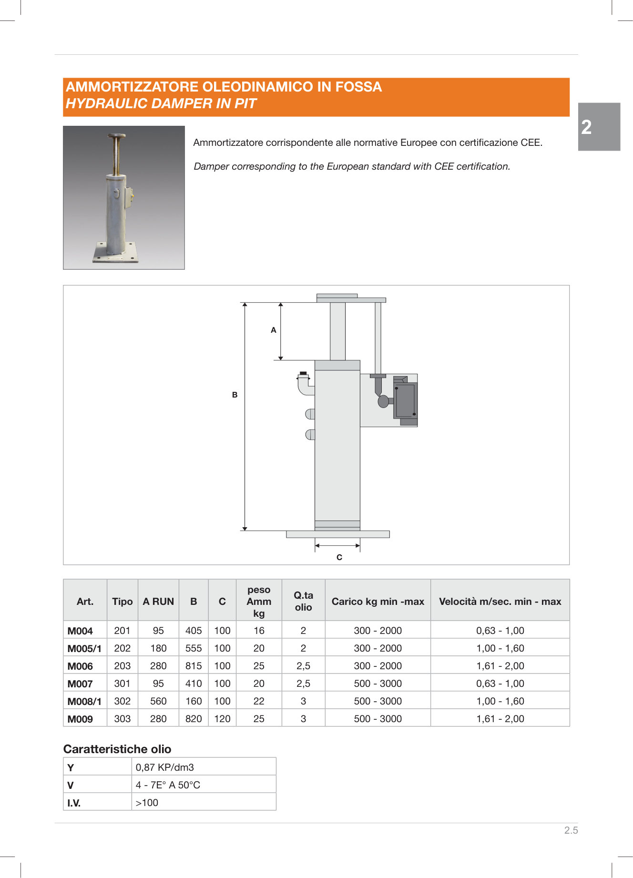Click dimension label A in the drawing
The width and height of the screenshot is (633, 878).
click(274, 330)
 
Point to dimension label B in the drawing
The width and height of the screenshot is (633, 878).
click(235, 395)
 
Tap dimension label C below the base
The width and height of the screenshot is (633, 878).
click(339, 557)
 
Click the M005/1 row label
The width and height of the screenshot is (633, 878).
click(84, 649)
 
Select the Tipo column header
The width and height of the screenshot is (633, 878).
click(123, 602)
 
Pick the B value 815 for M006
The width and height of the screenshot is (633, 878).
click(194, 666)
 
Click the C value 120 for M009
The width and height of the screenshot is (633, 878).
click(222, 719)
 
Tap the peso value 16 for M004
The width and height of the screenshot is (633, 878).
click(259, 631)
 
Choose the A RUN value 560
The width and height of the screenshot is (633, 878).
click(158, 701)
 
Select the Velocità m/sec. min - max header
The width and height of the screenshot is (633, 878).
click(500, 602)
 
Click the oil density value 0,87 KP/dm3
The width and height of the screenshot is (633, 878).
click(165, 767)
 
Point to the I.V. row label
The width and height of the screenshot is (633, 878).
click(74, 803)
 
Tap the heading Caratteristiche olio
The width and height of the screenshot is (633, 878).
click(117, 749)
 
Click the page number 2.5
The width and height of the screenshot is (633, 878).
click(571, 830)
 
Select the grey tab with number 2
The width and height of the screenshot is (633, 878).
click(599, 127)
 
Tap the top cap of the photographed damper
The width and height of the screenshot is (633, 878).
click(116, 136)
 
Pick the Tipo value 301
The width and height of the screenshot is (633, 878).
click(123, 684)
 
